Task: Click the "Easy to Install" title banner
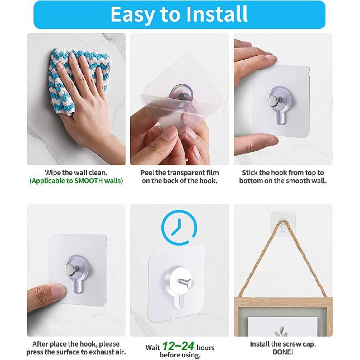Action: pos(179,15)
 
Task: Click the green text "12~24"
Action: pos(178,347)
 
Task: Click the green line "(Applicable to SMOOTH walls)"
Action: pos(76,181)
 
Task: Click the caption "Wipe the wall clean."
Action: pos(76,173)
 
